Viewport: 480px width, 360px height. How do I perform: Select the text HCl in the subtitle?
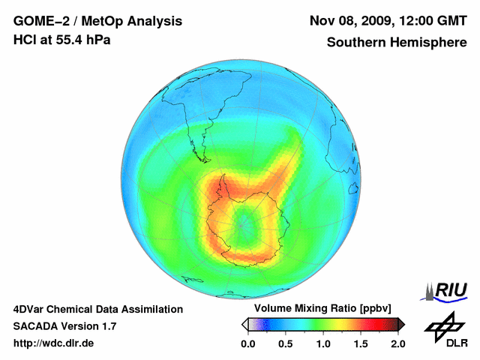click(x=24, y=40)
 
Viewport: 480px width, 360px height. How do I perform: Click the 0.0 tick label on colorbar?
click(x=248, y=343)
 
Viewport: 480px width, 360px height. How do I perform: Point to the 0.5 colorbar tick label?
click(x=286, y=343)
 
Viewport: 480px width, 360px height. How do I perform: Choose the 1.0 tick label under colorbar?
click(x=323, y=343)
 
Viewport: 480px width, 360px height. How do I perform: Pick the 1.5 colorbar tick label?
click(x=361, y=343)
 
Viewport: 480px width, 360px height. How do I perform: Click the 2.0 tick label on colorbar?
click(x=397, y=343)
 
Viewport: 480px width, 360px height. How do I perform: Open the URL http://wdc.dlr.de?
click(x=54, y=343)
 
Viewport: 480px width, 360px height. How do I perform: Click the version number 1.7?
click(x=108, y=326)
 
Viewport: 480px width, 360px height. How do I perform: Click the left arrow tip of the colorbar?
click(x=244, y=324)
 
